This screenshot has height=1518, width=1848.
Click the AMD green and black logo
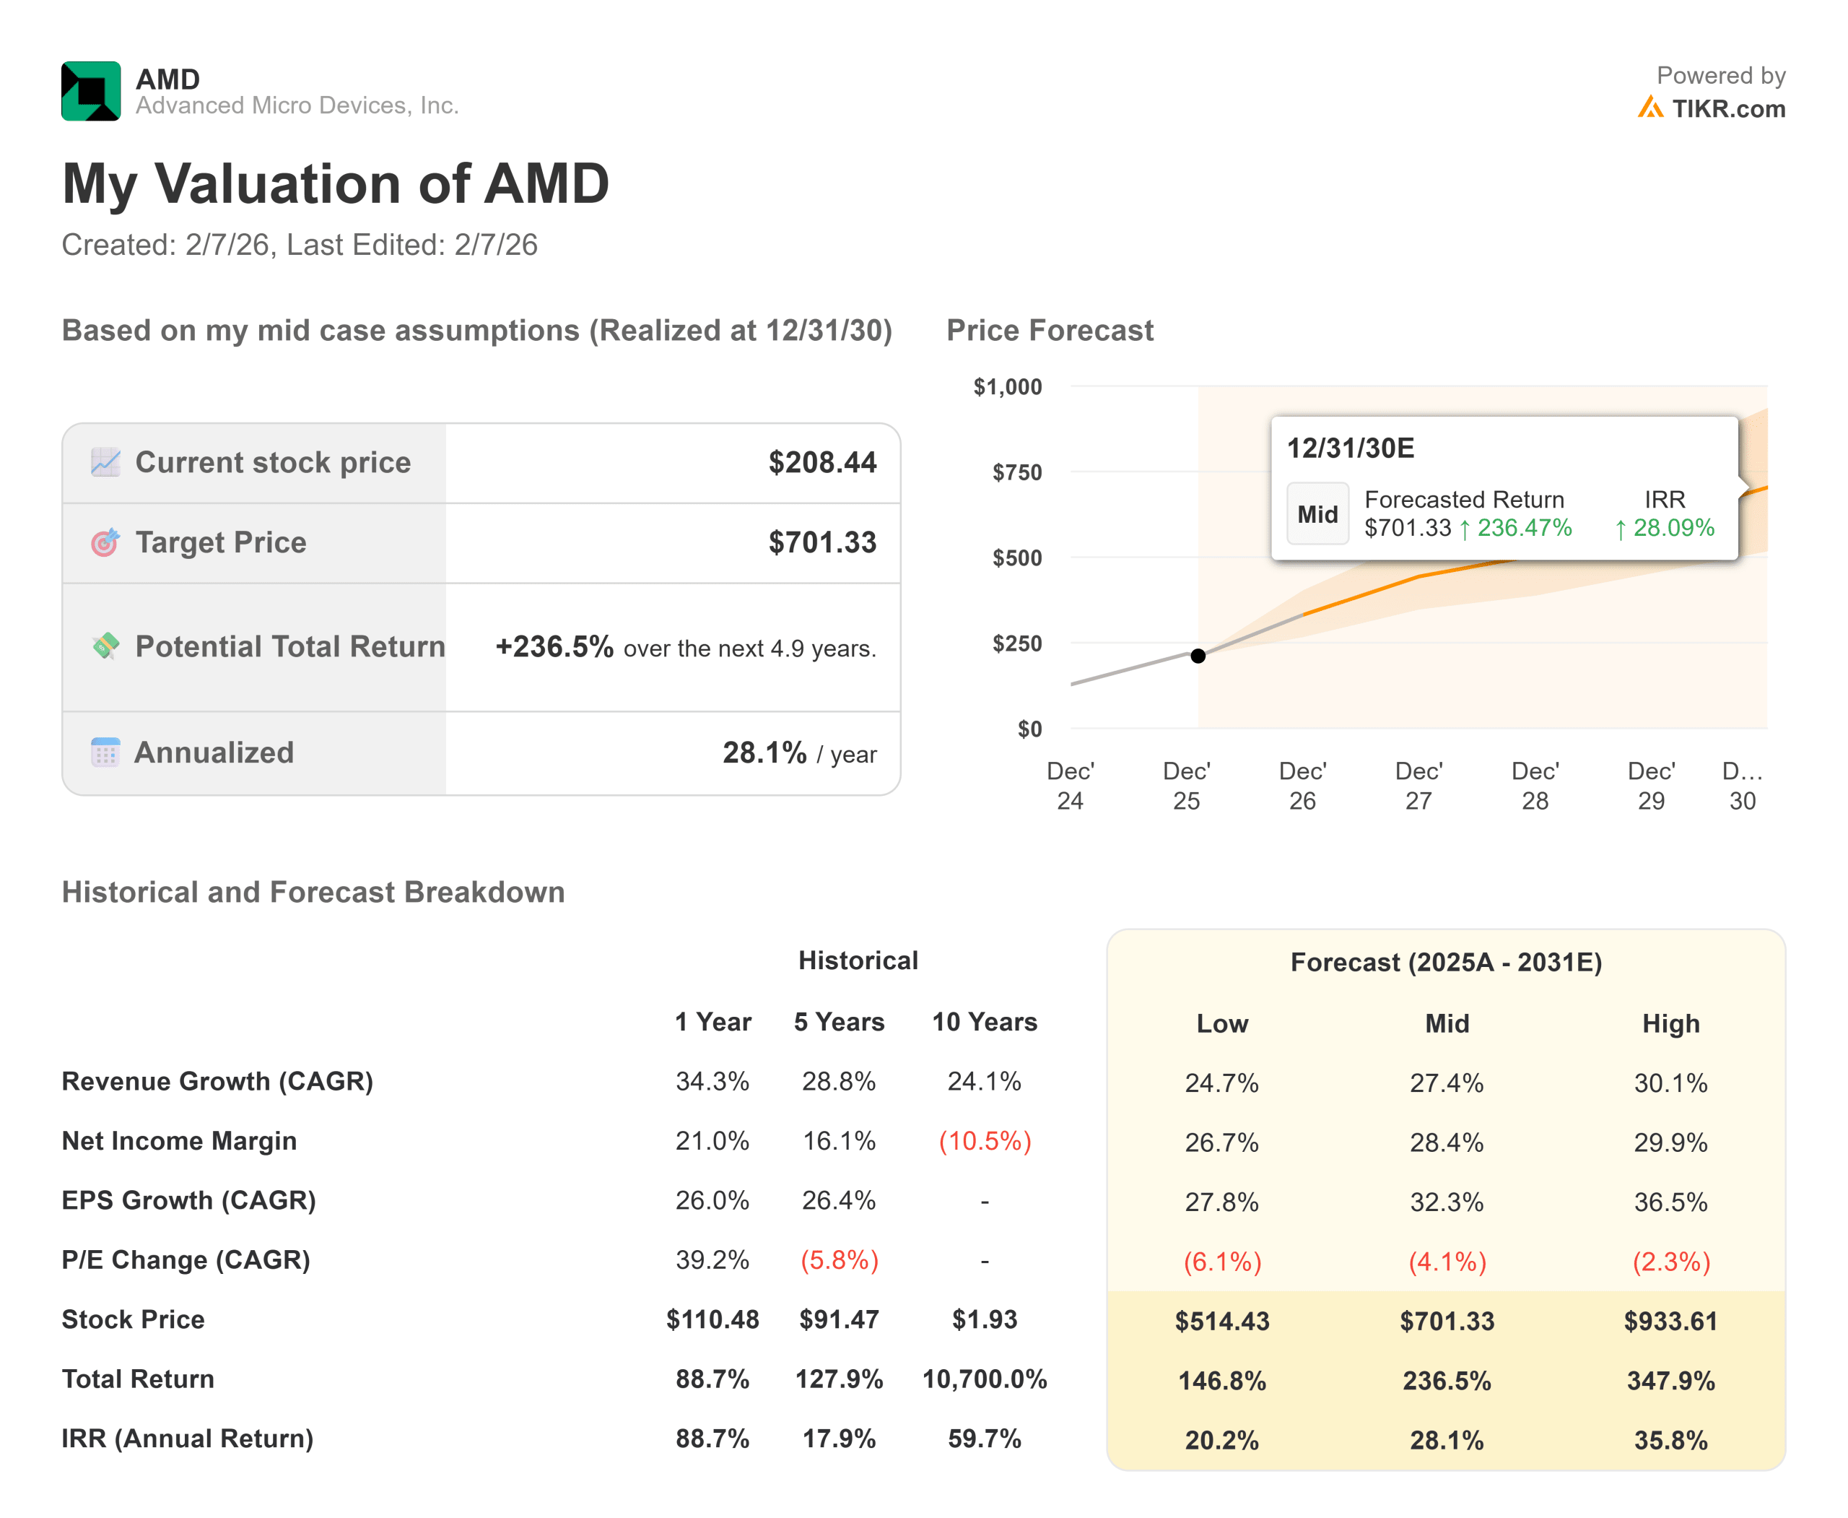click(91, 91)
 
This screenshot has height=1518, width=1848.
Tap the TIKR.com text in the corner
click(1727, 109)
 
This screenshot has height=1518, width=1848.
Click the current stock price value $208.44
click(821, 463)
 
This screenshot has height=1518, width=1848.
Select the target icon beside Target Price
click(105, 542)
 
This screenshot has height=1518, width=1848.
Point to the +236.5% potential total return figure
click(554, 647)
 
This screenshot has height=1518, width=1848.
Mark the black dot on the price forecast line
click(1198, 656)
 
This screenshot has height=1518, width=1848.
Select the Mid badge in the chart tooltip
click(1317, 514)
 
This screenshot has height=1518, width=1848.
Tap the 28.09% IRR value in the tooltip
click(1673, 528)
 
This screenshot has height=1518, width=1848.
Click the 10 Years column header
click(985, 1022)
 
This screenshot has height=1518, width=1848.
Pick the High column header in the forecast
click(1670, 1024)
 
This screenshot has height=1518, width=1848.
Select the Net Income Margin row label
click(179, 1141)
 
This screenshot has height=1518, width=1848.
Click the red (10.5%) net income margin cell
click(985, 1141)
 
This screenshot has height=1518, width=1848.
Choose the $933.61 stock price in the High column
click(1670, 1322)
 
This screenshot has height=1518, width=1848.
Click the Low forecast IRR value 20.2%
click(1221, 1440)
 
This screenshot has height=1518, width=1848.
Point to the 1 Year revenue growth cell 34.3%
click(712, 1082)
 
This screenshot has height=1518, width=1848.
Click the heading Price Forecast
click(1049, 331)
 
